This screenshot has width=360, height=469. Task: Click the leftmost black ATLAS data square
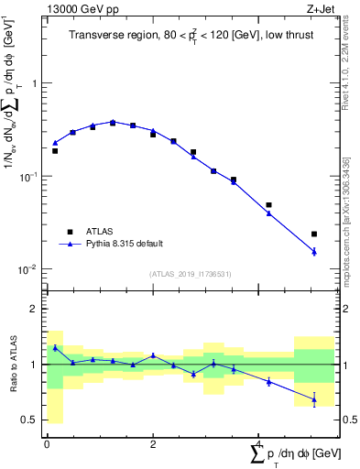click(x=55, y=150)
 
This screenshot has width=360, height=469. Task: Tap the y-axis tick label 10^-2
click(x=28, y=269)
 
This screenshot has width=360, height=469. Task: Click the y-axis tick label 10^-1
click(x=28, y=176)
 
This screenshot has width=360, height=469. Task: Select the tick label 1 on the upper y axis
click(x=36, y=82)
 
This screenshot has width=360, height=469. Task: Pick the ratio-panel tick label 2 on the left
click(x=36, y=309)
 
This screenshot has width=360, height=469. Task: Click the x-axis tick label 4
click(x=259, y=443)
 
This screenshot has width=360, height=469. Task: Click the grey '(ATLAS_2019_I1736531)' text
click(x=190, y=274)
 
